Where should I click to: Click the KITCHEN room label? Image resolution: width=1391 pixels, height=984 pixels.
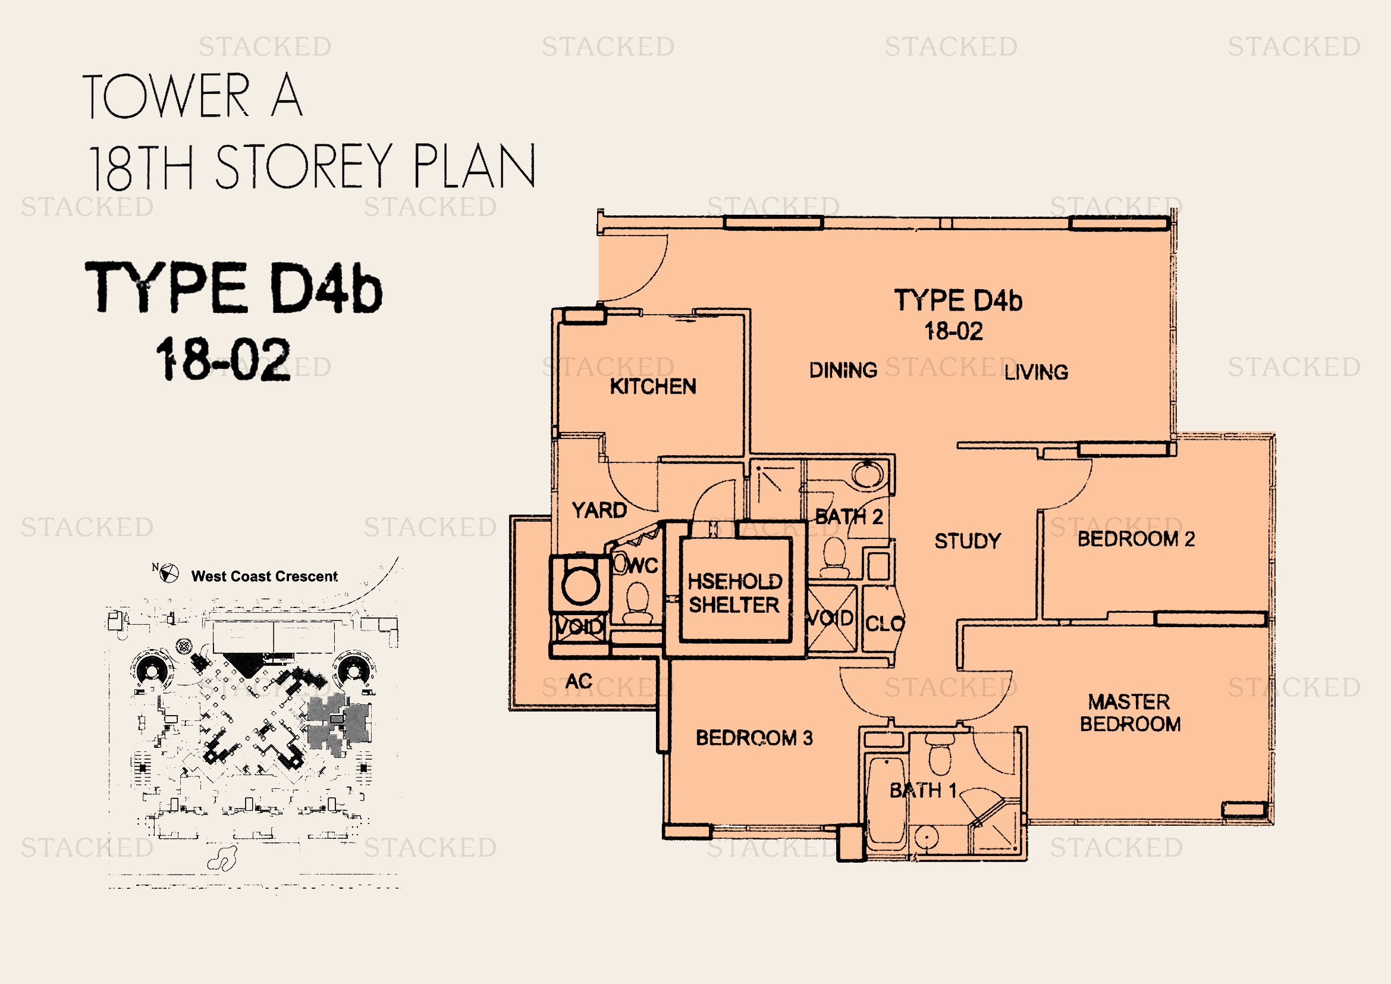coord(652,386)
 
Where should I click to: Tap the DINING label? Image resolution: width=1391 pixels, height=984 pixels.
coord(843,369)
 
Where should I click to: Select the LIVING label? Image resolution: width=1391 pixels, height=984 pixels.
coord(1036,372)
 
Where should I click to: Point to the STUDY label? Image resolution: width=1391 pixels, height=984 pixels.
coord(968,540)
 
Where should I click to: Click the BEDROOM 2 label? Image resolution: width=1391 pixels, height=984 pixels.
coord(1136,538)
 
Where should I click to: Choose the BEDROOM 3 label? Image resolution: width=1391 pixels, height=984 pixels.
coord(753,737)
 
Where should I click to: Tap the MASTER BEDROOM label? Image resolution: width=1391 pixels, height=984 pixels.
coord(1130,713)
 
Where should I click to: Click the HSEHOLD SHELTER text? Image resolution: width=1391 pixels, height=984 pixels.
coord(734,593)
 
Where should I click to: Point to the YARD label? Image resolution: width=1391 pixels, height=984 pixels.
coord(599,510)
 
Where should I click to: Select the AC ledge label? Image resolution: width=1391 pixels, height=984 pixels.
coord(579,681)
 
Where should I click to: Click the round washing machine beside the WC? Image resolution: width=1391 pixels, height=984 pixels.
coord(580,585)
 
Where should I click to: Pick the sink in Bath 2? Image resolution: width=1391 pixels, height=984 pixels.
coord(868,473)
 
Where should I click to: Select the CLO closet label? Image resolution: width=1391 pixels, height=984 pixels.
coord(884,623)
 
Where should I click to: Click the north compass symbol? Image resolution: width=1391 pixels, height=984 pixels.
coord(168,572)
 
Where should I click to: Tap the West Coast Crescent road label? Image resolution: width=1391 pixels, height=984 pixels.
coord(264,576)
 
